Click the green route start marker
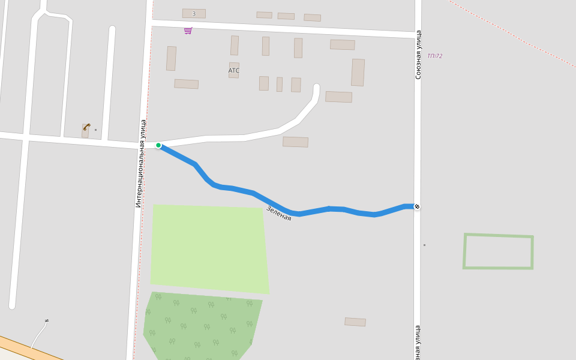(x=158, y=145)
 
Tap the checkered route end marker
(x=417, y=207)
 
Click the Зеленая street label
(x=278, y=214)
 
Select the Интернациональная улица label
(x=140, y=163)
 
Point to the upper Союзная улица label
(x=418, y=55)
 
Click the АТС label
(x=233, y=71)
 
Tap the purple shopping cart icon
(x=188, y=30)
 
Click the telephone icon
(x=86, y=127)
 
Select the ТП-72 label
(x=435, y=56)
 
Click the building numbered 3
(x=194, y=13)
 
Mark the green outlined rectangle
(x=498, y=236)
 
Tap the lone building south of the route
(x=355, y=322)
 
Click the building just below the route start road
(x=295, y=142)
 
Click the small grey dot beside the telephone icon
(x=95, y=130)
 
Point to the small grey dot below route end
(x=424, y=245)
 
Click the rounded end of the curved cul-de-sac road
(x=316, y=88)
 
